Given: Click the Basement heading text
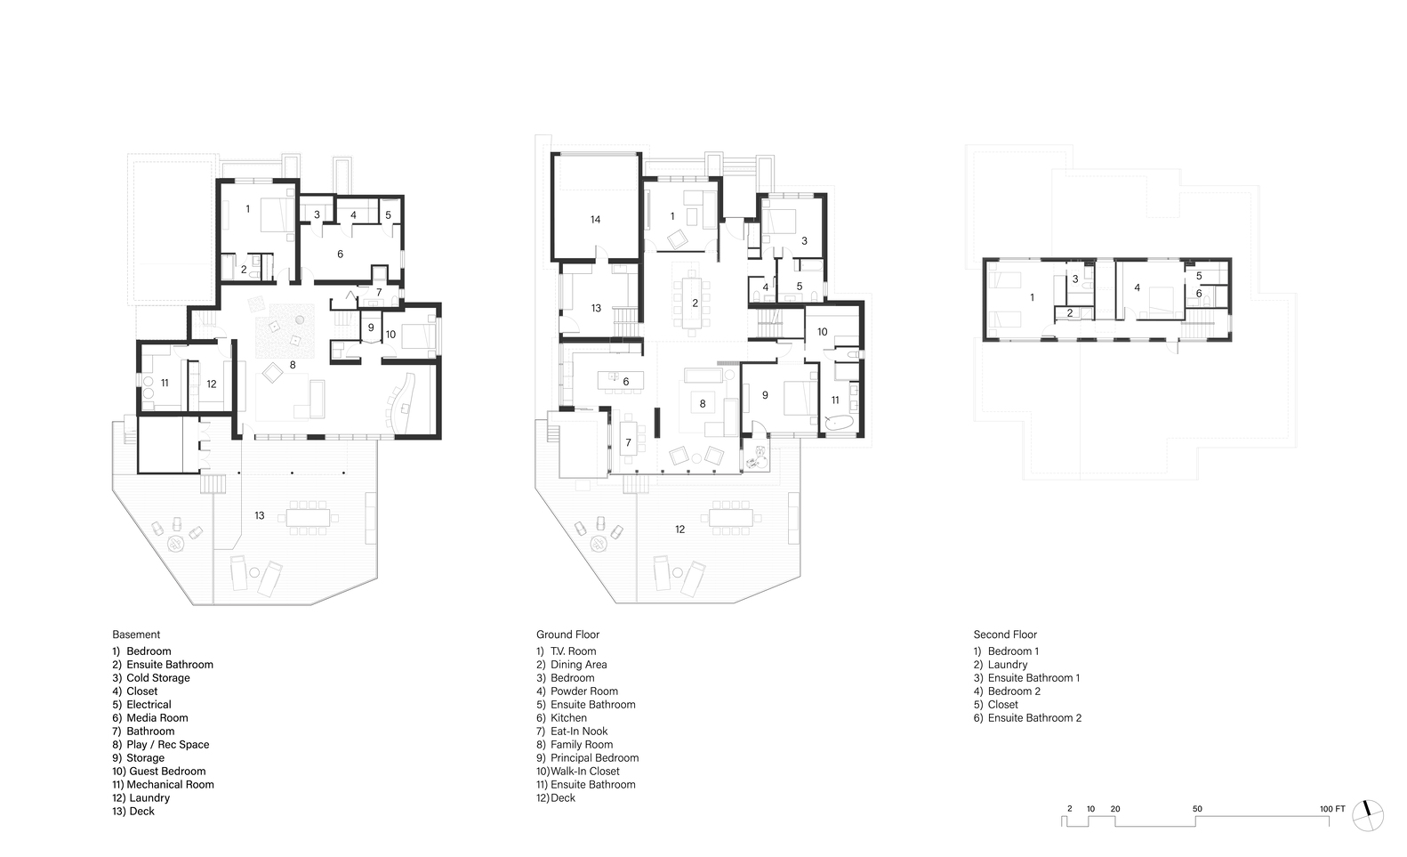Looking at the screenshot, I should point(136,635).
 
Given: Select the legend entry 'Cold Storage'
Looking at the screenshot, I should point(157,678).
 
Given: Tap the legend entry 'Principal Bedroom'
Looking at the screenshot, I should point(593,758).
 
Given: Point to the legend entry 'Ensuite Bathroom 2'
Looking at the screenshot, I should point(1033,718).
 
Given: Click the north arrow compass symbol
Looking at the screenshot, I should point(1368,813).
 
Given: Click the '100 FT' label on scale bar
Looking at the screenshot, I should point(1331,809).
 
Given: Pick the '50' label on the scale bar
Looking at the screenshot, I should point(1197,809).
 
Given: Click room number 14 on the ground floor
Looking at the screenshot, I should point(595,219).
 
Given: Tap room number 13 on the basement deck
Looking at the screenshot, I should point(260,515).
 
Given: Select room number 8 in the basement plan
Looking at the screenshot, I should point(292,365).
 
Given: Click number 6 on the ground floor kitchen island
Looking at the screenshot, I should point(626,381).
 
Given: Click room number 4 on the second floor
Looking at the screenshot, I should point(1137,288).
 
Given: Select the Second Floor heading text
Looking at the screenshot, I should point(1005,635).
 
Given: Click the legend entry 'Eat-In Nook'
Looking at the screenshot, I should point(578,732).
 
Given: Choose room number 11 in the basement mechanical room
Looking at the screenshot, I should point(165,383).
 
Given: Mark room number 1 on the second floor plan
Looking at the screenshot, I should point(1032,297).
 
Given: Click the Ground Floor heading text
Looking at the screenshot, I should point(567,635).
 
